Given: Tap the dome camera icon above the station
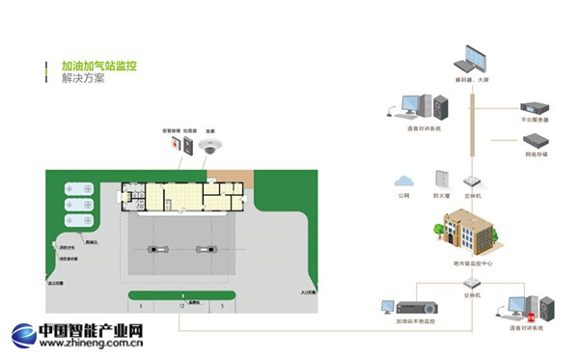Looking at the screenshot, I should tap(209, 146).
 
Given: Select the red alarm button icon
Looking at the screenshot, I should tap(176, 145).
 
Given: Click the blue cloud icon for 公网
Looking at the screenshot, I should tap(402, 180).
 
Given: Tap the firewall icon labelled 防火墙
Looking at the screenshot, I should tap(442, 180).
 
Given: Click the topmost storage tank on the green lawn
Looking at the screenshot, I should tap(77, 188).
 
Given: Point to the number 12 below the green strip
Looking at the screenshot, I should tap(180, 305).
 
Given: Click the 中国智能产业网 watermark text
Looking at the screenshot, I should tap(91, 330).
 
